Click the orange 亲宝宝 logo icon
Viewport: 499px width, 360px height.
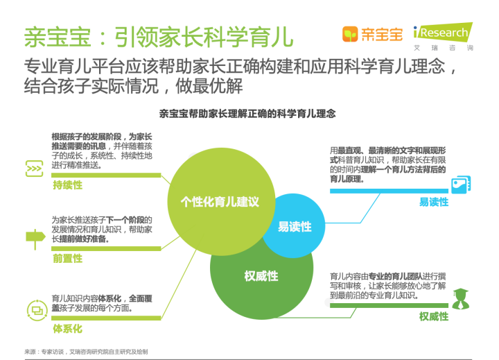[350, 34]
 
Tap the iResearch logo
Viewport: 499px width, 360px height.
[443, 32]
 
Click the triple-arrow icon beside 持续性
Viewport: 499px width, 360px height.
[34, 169]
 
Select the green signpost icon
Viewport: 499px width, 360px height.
[35, 239]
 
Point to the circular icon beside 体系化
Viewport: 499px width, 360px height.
[37, 310]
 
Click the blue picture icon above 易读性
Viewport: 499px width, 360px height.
[461, 185]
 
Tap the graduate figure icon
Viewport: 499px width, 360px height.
[460, 298]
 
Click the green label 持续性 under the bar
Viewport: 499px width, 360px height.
[67, 185]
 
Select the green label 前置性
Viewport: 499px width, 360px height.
[67, 258]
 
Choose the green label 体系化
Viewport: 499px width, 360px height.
[67, 329]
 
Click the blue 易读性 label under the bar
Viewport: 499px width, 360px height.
[434, 202]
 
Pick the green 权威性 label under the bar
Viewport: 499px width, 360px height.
[434, 316]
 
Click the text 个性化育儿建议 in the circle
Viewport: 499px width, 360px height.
[220, 202]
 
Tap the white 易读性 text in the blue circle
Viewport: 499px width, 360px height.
[295, 227]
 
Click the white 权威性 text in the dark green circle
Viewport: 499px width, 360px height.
[261, 276]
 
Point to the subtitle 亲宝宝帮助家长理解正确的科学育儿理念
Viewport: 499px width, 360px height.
[247, 114]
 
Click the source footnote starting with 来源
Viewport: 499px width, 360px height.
[86, 352]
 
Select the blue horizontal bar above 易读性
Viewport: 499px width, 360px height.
[389, 191]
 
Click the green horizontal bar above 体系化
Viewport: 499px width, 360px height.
[106, 318]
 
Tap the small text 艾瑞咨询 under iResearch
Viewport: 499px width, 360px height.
[444, 48]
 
